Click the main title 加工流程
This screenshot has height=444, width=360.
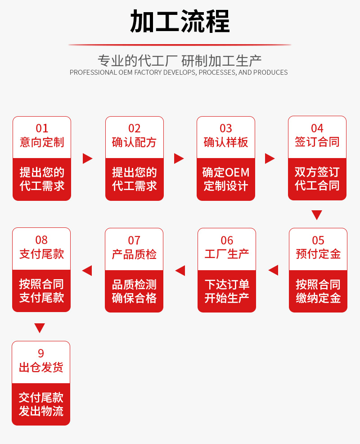click(180, 21)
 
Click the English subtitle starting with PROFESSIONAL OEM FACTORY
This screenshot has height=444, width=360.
click(179, 72)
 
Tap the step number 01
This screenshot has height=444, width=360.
click(42, 129)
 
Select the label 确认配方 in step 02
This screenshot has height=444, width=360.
click(134, 143)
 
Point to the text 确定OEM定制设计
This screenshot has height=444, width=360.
click(226, 179)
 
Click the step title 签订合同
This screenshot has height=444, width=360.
click(317, 142)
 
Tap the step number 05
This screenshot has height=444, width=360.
click(318, 240)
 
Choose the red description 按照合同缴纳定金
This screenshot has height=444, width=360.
click(318, 291)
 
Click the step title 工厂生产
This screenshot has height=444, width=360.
click(227, 254)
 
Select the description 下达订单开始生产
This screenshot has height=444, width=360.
click(227, 291)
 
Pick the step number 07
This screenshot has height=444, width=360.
click(134, 240)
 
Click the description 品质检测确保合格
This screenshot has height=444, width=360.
click(134, 291)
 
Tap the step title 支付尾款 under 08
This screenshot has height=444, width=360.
click(41, 254)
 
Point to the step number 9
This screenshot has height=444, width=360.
click(41, 353)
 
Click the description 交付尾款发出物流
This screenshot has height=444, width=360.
click(41, 404)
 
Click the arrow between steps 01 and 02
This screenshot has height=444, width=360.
click(88, 159)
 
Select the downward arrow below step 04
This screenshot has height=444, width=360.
click(317, 215)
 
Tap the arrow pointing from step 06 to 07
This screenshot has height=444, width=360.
click(180, 271)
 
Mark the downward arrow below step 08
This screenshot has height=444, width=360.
click(40, 328)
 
